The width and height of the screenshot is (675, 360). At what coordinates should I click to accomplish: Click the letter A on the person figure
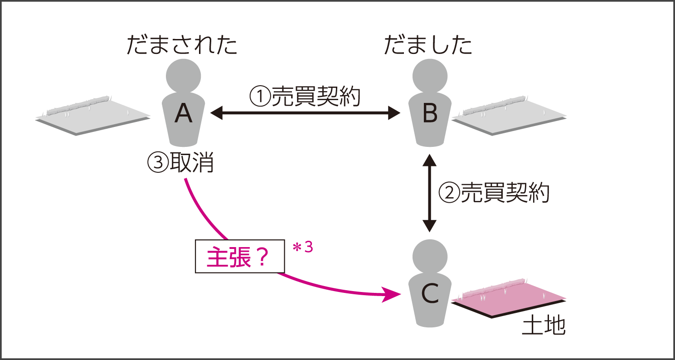pos(184,114)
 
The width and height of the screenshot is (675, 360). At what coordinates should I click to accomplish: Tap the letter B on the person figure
pos(429,114)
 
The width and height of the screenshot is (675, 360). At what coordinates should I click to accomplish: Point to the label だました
pos(428,45)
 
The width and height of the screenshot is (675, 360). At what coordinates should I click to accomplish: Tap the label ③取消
pos(180,162)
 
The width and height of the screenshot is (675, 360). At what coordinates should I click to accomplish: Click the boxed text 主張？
pos(240,256)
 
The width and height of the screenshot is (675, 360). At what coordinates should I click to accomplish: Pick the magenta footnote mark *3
pos(303,249)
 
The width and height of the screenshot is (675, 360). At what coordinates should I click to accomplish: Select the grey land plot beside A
pos(93,116)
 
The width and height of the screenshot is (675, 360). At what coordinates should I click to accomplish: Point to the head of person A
pos(183,75)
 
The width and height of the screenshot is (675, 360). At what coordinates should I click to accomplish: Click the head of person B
pos(429,75)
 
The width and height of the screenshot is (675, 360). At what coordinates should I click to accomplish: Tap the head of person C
pos(429,256)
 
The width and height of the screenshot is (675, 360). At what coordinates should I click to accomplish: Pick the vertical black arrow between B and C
pos(429,193)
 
